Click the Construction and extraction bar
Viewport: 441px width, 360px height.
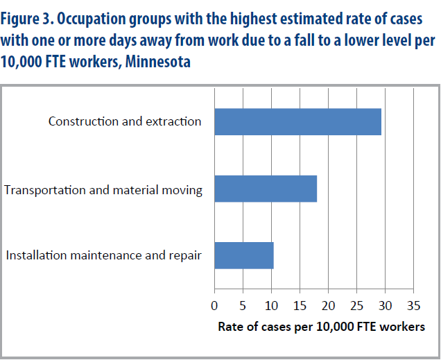pos(297,121)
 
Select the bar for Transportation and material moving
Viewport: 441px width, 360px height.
pos(266,189)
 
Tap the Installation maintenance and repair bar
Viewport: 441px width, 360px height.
pos(244,255)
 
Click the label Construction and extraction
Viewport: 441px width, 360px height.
pos(125,121)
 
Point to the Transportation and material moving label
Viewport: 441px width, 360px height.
pos(103,189)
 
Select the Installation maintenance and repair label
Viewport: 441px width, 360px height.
pos(104,255)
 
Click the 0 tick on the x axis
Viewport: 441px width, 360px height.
pos(214,306)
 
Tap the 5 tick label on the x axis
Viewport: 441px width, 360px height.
pos(243,306)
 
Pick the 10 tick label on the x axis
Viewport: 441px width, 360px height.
pos(271,306)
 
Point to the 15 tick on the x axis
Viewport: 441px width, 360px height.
pos(300,306)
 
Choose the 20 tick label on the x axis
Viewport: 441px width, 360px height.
pos(328,306)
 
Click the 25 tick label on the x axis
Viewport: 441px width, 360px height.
pos(356,306)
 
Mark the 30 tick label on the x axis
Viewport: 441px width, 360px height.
pos(385,306)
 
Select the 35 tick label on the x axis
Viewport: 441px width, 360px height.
pos(413,306)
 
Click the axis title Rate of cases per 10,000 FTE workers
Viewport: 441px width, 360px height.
pos(321,327)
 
